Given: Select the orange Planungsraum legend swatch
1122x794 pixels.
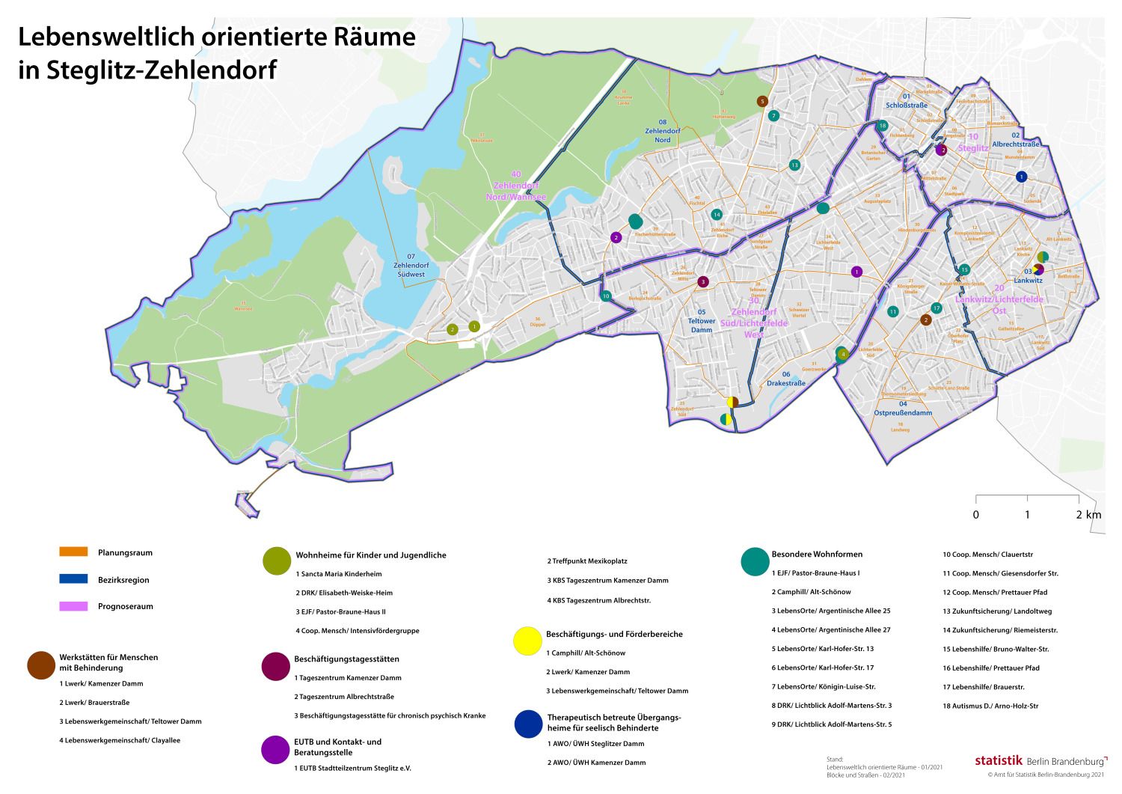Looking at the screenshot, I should coord(73,552).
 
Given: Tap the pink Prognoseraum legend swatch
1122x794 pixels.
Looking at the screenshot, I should coord(73,606).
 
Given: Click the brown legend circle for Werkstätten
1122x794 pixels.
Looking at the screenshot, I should coord(40,664).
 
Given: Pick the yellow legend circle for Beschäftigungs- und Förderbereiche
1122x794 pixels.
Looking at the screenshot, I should coord(527,641).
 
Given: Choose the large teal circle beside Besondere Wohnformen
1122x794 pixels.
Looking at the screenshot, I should coord(755,561).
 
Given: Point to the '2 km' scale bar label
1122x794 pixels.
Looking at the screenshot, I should coord(1088,515).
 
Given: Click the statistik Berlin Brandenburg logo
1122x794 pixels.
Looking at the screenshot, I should coord(1040,760).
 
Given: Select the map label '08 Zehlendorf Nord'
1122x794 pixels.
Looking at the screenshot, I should coord(662,131).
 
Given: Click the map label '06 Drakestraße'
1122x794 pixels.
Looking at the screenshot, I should coord(785,379).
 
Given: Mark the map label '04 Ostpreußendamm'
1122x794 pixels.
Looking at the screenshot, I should coord(903,408).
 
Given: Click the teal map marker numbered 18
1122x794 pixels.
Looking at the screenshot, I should coord(883,126).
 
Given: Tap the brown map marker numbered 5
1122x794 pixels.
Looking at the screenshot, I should coord(762,101).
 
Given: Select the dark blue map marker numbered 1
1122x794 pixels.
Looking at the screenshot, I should coord(1021,177).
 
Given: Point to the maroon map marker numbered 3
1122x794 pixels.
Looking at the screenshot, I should coord(702,282).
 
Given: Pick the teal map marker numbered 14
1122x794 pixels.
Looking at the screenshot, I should coord(717,215).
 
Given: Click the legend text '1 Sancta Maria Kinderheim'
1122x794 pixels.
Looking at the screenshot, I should coord(339,574).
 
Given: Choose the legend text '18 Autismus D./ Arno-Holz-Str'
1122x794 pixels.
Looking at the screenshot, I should coord(990,706).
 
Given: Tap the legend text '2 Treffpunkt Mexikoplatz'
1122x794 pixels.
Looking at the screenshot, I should coord(586,561).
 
